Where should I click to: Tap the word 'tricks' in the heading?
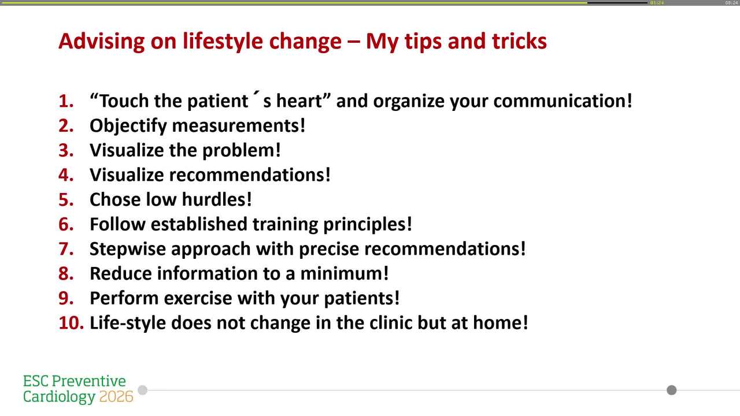tap(519, 41)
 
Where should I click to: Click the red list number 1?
tap(66, 101)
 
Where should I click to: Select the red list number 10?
tap(72, 322)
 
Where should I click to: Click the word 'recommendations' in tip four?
tap(249, 174)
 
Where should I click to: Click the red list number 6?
tap(66, 224)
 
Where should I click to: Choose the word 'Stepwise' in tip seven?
tap(128, 249)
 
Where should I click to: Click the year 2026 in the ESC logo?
tap(116, 397)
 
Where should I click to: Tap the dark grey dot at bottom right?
tap(671, 390)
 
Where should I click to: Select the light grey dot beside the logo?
tap(143, 390)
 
